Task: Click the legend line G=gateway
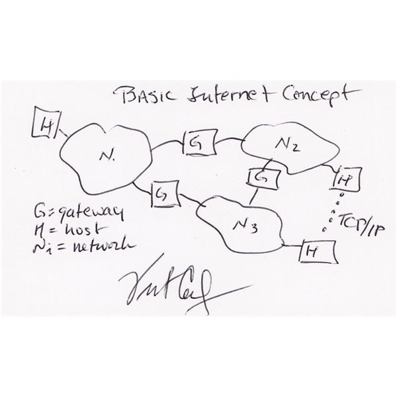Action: tap(79, 214)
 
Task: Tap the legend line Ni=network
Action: tap(81, 247)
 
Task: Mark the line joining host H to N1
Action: tap(64, 133)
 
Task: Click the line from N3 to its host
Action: tap(291, 245)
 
